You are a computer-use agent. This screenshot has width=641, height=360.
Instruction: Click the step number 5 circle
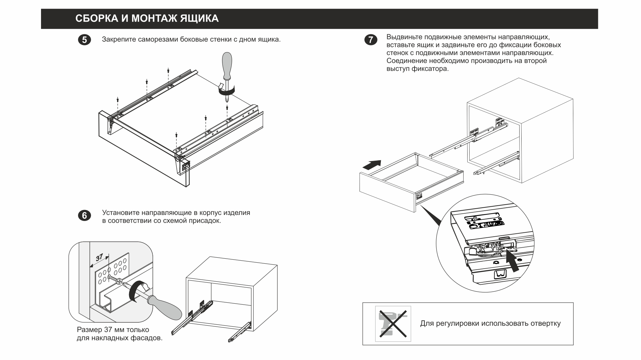(84, 40)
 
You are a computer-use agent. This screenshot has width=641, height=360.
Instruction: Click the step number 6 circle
(84, 216)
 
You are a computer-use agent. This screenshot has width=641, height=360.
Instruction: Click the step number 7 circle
(371, 40)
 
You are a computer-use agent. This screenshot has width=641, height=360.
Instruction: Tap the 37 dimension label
(99, 258)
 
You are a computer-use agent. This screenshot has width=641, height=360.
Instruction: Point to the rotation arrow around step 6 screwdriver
(137, 291)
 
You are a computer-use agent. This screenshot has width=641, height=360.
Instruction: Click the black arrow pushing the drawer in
(371, 165)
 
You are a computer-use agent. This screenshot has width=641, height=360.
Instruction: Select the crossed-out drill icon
(393, 323)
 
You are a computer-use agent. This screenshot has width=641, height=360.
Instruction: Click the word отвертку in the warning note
(545, 323)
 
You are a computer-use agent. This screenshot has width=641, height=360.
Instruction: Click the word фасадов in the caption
(148, 338)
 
